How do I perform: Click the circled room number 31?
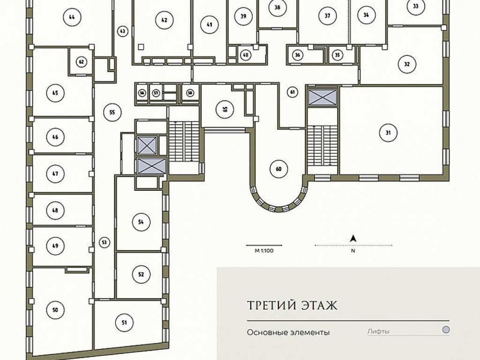tap(388, 133)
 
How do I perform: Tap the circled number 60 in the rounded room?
tap(278, 169)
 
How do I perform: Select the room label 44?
tap(72, 17)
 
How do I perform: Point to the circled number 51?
tap(124, 322)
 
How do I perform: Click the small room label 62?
tap(82, 62)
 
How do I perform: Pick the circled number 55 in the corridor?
tap(112, 112)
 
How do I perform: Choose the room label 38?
tap(277, 7)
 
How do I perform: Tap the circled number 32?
tap(407, 64)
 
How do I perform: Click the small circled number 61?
tap(292, 92)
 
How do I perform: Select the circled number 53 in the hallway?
tap(105, 242)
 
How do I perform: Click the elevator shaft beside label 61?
tap(322, 97)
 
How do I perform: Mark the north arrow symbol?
tap(353, 238)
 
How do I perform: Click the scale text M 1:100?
tap(264, 251)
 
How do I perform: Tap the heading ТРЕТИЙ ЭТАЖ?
tap(292, 305)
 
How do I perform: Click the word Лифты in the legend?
tap(378, 331)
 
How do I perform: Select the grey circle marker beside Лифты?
tap(446, 330)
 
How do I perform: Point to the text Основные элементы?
tap(288, 332)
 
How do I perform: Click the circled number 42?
tap(165, 20)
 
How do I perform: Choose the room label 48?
tap(55, 210)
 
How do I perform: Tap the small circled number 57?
tap(156, 93)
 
